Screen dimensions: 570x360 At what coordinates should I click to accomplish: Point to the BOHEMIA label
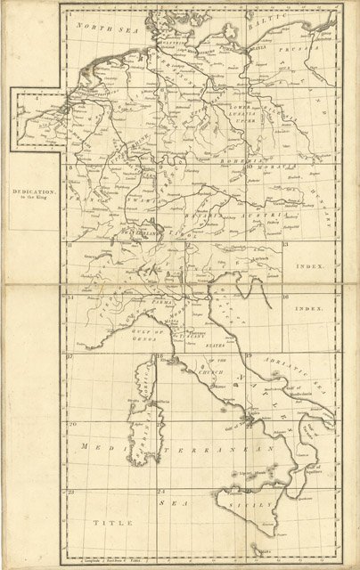228,159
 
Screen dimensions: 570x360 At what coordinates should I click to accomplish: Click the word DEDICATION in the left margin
33,191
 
